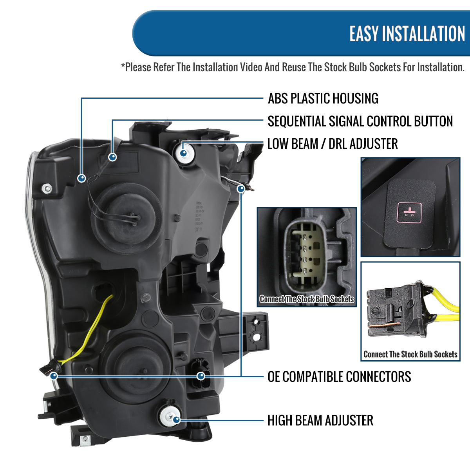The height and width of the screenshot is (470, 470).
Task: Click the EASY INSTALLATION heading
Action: point(407,34)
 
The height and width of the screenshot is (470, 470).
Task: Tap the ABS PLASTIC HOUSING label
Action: point(323,98)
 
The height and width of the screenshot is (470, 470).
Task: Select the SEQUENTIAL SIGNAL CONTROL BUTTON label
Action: point(360,121)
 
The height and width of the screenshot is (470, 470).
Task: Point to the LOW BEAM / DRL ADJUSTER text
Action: point(332,144)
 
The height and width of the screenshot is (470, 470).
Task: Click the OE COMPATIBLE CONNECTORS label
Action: point(339,377)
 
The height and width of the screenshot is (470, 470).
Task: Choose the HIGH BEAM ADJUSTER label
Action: point(320,420)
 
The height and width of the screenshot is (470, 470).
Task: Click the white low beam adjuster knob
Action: point(184,153)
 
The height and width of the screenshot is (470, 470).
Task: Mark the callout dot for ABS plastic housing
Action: point(81,178)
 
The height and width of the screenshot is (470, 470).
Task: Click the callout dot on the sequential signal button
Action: point(113,157)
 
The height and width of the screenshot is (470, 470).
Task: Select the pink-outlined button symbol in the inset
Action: point(410,210)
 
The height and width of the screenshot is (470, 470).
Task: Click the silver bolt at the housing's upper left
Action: point(47,188)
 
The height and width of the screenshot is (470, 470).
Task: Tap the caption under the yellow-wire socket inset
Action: point(410,354)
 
